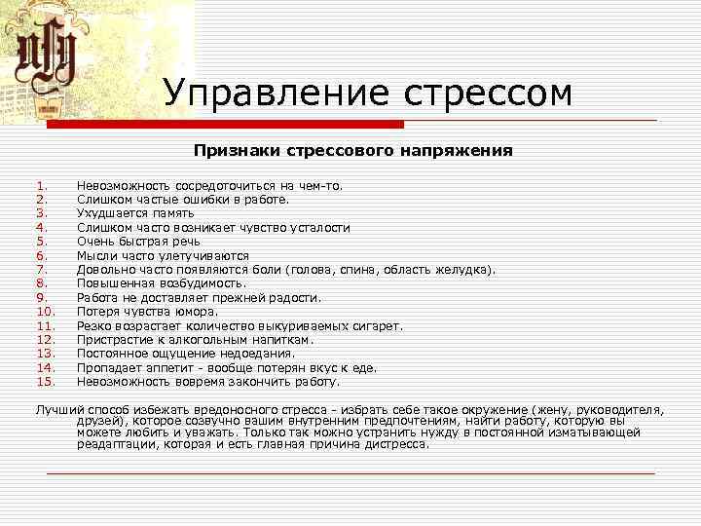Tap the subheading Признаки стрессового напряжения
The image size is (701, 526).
point(352,151)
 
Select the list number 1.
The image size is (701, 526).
point(42,185)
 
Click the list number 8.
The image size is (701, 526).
point(42,283)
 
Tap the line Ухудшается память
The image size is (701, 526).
point(135,213)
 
